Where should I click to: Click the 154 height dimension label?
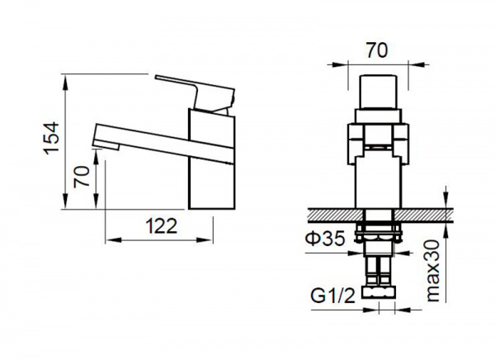(x=51, y=139)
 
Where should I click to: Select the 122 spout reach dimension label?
(x=162, y=226)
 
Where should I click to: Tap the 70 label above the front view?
(x=377, y=50)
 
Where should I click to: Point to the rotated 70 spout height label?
(x=81, y=177)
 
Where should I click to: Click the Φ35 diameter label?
(x=325, y=239)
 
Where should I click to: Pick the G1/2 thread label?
(x=333, y=296)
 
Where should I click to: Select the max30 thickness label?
(x=433, y=271)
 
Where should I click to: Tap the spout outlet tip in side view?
(x=106, y=146)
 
